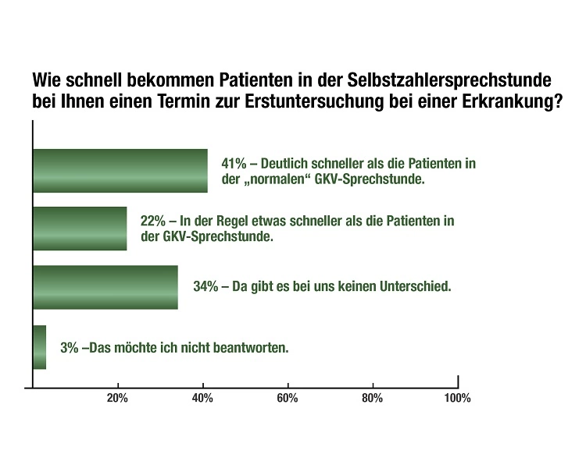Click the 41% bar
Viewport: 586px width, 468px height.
coord(120,171)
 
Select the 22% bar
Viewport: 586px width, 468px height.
coord(80,229)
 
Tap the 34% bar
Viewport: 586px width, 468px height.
coord(105,287)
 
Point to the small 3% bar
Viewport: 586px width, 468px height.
coord(40,347)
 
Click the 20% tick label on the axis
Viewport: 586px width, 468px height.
coord(117,399)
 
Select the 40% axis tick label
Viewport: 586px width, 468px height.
coord(202,399)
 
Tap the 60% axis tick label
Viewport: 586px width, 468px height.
coord(288,399)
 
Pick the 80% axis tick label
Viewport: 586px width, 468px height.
coord(373,399)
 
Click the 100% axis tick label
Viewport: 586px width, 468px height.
coord(456,399)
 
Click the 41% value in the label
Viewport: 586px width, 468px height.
coord(235,165)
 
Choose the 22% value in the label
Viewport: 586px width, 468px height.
coord(153,222)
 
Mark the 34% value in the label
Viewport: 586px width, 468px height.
coord(205,286)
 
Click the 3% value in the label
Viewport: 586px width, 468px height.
coord(70,348)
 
